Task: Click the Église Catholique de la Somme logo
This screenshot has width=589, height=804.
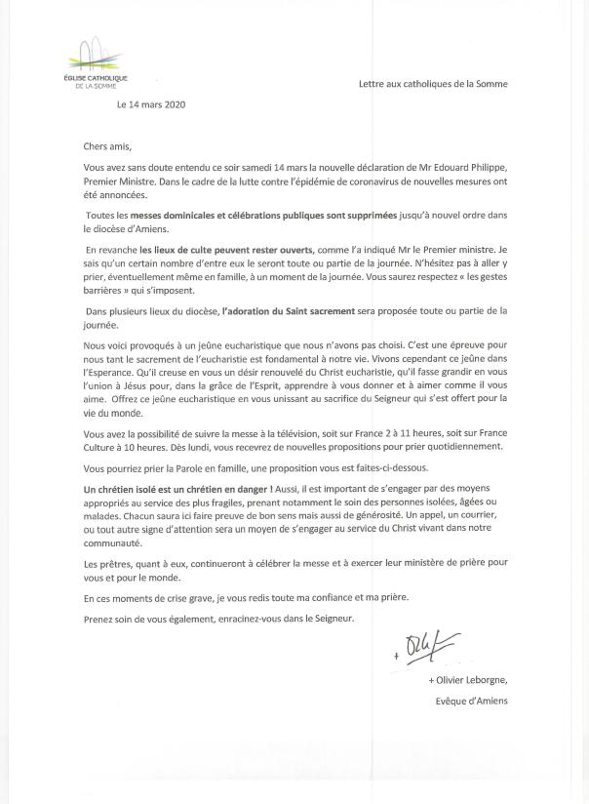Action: point(94,62)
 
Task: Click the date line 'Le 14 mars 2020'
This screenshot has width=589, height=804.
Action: point(150,103)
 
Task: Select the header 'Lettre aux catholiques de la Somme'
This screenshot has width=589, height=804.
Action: point(433,84)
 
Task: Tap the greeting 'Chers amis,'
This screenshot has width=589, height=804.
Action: point(107,147)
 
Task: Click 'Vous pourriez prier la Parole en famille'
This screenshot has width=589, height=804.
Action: point(171,468)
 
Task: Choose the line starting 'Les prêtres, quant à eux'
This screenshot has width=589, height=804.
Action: point(293,563)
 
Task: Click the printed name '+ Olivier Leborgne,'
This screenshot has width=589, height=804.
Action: point(467,680)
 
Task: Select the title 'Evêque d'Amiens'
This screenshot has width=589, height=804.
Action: point(471,701)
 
